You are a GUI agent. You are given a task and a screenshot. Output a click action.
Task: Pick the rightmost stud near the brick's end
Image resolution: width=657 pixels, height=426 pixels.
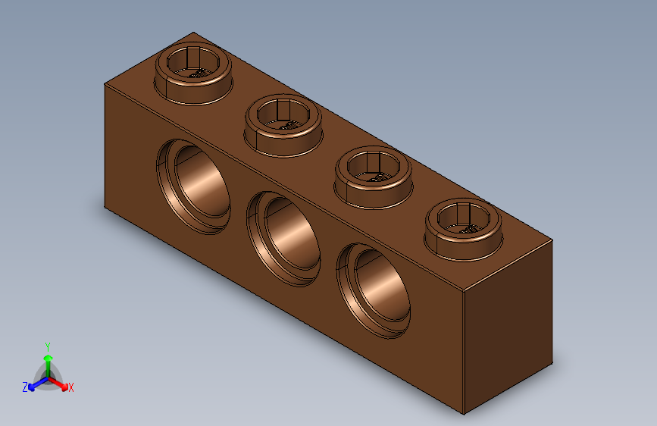pyautogui.click(x=463, y=224)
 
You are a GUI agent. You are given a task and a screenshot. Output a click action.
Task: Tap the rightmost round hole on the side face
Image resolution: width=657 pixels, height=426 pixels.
pyautogui.click(x=374, y=288)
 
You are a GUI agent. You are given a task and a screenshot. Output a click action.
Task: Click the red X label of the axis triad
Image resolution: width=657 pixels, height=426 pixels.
pyautogui.click(x=71, y=387)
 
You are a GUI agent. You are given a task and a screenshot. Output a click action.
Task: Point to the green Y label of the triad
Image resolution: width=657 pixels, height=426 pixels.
pyautogui.click(x=47, y=346)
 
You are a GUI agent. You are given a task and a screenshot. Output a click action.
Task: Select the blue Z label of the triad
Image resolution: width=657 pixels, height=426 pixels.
pyautogui.click(x=25, y=387)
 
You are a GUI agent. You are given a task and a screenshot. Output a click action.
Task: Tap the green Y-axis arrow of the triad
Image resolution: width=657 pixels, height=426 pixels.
pyautogui.click(x=47, y=361)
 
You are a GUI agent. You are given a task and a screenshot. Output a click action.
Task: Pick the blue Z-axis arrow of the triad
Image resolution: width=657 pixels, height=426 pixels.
pyautogui.click(x=34, y=383)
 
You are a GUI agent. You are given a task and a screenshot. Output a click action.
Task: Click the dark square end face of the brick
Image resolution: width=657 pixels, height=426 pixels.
pyautogui.click(x=508, y=326)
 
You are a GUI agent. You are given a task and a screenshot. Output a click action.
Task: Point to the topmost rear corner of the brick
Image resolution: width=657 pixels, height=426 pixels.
pyautogui.click(x=194, y=33)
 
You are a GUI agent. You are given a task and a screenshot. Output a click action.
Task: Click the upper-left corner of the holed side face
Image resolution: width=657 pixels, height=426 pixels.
pyautogui.click(x=105, y=84)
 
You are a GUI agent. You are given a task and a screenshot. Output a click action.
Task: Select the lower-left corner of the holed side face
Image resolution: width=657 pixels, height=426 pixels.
pyautogui.click(x=105, y=205)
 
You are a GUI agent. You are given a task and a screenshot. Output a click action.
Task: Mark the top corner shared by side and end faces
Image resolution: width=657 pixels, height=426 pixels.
pyautogui.click(x=464, y=292)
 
